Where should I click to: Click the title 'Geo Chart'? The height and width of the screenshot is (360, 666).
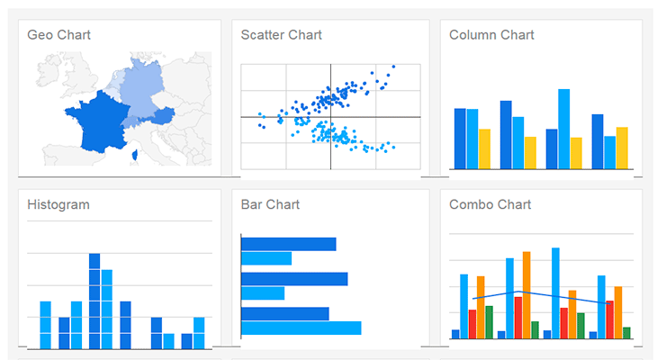tap(58, 35)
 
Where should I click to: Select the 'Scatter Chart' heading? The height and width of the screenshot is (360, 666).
tap(281, 35)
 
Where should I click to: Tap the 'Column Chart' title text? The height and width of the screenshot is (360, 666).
tap(491, 35)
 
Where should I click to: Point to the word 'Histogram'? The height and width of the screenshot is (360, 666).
tap(58, 204)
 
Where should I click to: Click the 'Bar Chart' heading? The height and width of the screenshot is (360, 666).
tap(269, 204)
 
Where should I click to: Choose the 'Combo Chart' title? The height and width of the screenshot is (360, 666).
tap(490, 204)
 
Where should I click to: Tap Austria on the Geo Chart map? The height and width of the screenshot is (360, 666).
tap(162, 116)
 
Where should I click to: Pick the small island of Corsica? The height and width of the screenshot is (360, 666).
tap(134, 155)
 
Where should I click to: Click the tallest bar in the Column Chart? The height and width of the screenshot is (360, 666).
tap(563, 129)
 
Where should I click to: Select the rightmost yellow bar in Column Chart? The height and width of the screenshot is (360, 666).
tap(622, 148)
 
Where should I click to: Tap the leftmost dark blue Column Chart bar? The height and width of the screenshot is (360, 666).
tap(460, 139)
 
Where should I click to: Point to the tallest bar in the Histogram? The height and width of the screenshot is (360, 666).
tap(94, 301)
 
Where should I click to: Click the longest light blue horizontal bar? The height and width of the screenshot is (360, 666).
tap(301, 328)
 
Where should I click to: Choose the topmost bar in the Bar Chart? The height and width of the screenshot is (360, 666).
tap(288, 244)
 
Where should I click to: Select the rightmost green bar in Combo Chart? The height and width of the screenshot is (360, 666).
tap(626, 333)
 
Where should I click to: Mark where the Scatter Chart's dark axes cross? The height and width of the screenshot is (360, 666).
tap(330, 117)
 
